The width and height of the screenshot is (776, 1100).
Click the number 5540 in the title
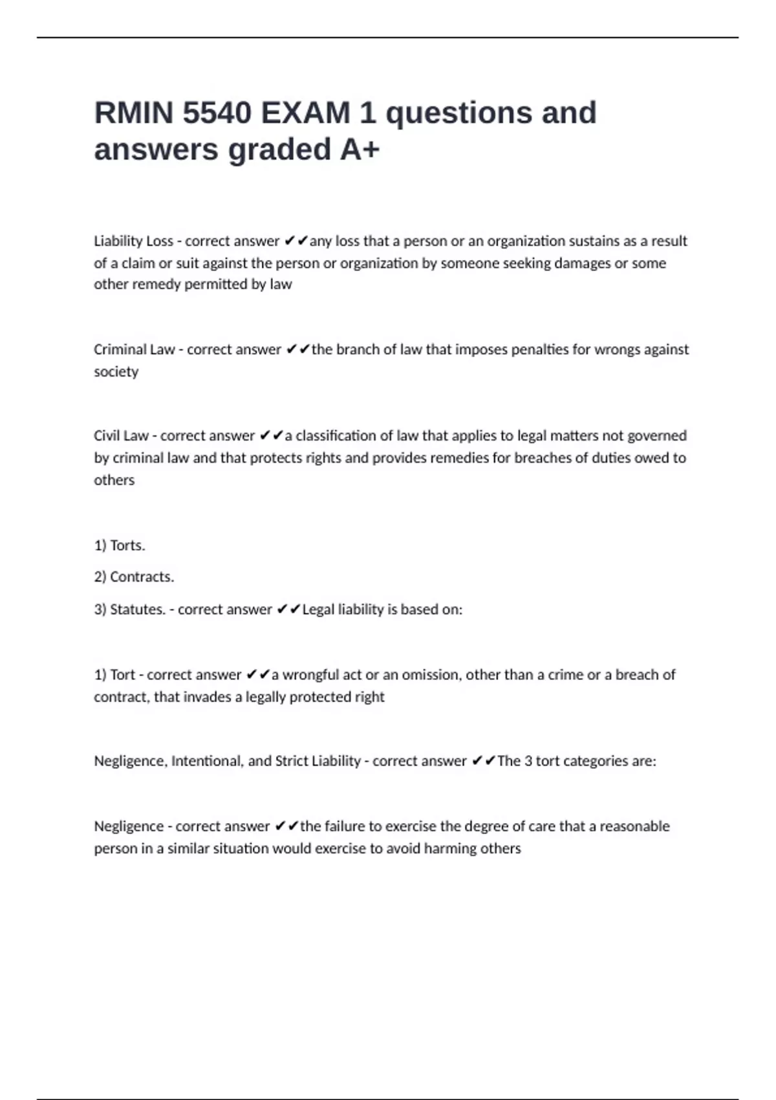pyautogui.click(x=217, y=113)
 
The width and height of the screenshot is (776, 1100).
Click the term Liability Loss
pyautogui.click(x=133, y=241)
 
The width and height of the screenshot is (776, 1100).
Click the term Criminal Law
pyautogui.click(x=134, y=350)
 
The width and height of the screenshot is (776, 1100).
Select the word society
pyautogui.click(x=116, y=372)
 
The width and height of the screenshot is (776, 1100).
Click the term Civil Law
pyautogui.click(x=121, y=436)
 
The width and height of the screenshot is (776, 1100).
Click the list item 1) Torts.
pyautogui.click(x=120, y=545)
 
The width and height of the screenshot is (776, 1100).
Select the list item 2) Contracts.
pyautogui.click(x=134, y=577)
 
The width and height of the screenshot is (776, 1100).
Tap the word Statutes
pyautogui.click(x=137, y=610)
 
